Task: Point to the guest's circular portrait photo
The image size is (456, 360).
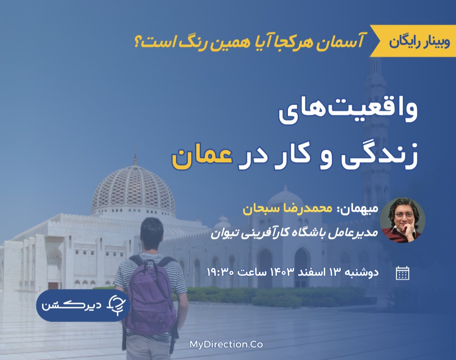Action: [x=402, y=220]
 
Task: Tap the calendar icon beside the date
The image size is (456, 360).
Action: [x=402, y=273]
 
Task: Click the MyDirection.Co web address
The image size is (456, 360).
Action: [x=226, y=344]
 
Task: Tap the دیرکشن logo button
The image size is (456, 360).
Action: [x=78, y=306]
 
